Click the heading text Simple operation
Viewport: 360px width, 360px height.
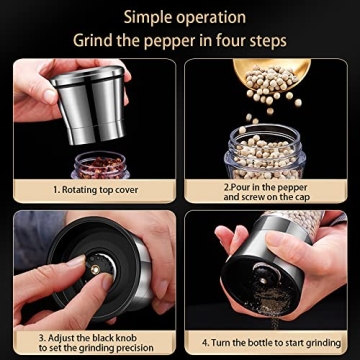pos(180,17)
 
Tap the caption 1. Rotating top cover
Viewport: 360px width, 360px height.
pos(90,187)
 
